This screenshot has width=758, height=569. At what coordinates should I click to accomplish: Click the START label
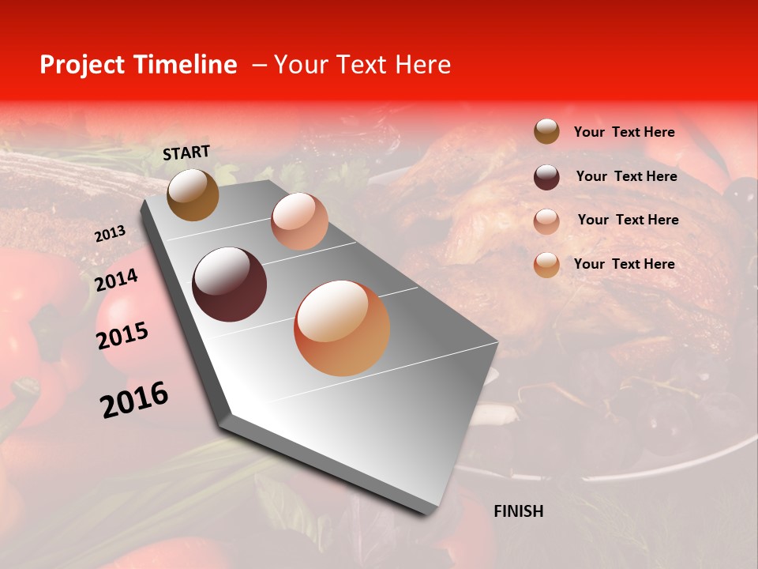186,153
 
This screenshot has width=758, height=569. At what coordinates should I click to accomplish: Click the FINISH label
518,511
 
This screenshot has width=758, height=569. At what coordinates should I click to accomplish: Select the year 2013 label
110,234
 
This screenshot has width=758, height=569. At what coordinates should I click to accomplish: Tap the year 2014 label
117,280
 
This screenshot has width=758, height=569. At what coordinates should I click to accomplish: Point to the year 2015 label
122,336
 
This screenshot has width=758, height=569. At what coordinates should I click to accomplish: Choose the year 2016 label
134,399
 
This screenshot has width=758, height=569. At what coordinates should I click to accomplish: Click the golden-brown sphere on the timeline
193,194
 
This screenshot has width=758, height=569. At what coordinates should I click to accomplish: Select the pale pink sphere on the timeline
299,221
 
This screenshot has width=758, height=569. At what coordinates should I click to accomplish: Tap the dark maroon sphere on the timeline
230,284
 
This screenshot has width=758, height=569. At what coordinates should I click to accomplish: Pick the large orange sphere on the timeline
342,328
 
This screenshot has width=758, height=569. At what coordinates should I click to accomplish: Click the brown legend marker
546,132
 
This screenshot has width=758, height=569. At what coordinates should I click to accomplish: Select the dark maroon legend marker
546,177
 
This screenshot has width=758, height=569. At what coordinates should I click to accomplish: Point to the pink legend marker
546,221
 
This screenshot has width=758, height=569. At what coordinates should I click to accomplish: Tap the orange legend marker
546,265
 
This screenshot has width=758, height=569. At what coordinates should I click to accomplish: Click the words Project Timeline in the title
138,65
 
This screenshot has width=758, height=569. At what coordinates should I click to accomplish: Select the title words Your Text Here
362,65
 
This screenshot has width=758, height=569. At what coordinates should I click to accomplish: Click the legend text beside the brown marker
624,132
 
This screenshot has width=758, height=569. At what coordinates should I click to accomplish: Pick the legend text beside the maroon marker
626,176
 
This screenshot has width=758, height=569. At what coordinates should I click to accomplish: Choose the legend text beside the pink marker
628,220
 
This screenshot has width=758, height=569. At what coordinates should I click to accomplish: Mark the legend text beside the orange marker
624,264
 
